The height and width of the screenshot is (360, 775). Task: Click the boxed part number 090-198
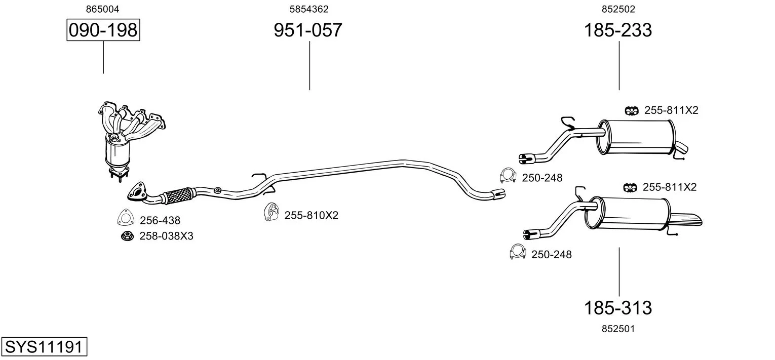(103, 30)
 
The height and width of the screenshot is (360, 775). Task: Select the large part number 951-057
(308, 30)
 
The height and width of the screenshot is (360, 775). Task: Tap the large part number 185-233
(618, 30)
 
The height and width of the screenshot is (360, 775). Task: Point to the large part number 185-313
(618, 307)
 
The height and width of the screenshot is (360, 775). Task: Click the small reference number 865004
(102, 9)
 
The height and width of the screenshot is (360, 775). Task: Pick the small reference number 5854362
(309, 9)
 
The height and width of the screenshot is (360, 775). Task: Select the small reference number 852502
(618, 9)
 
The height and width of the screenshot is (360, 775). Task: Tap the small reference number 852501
(618, 329)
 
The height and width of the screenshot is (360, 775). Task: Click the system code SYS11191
(44, 346)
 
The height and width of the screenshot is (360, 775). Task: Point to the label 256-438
(160, 220)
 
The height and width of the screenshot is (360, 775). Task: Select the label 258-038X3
(167, 236)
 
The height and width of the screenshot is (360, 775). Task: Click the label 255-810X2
(312, 215)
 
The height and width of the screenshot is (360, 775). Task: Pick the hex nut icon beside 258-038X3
(127, 236)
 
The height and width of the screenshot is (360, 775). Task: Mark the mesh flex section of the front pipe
(178, 196)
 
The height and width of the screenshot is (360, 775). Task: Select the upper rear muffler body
(637, 137)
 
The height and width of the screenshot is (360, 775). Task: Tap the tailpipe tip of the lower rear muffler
(687, 220)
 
